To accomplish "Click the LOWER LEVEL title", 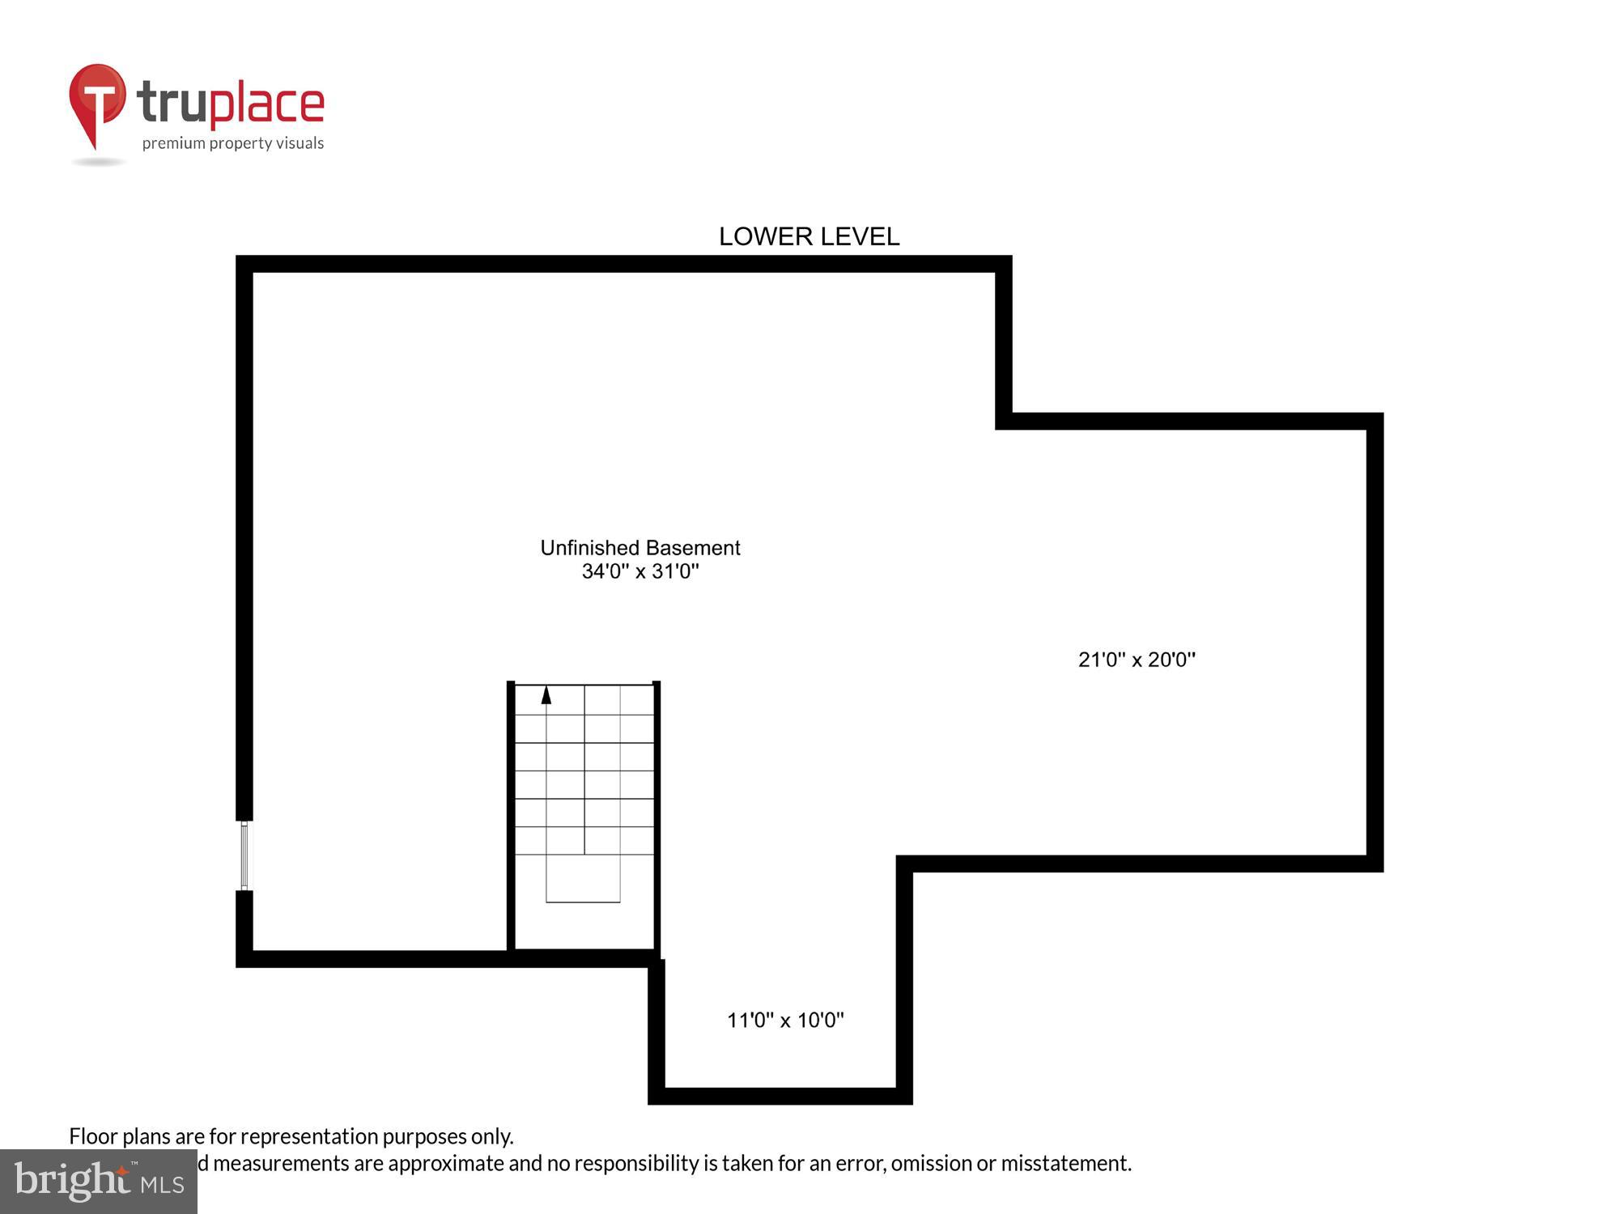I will click(x=809, y=236).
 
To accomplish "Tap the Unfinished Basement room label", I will click(x=640, y=548).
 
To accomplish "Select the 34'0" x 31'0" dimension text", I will click(x=640, y=571).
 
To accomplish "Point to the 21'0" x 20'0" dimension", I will click(x=1137, y=660).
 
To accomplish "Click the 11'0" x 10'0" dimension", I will click(x=785, y=1020).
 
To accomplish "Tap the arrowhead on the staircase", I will click(x=546, y=694).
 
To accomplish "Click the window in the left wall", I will click(x=244, y=855).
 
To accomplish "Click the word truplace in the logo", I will click(x=231, y=104).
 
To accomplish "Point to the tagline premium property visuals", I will click(x=233, y=143).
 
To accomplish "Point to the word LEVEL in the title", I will click(x=859, y=236).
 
